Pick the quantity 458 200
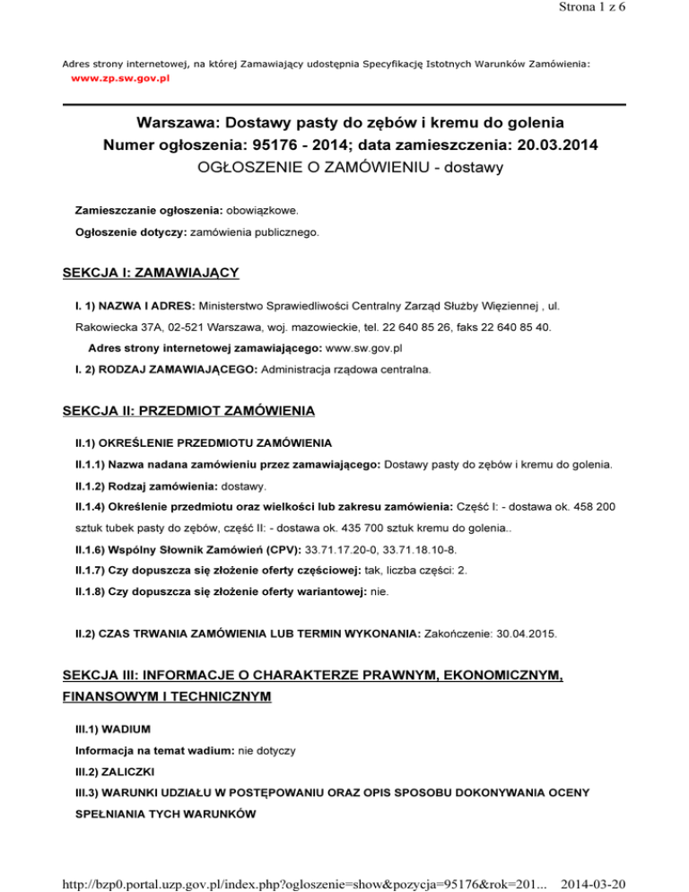point(585,508)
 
